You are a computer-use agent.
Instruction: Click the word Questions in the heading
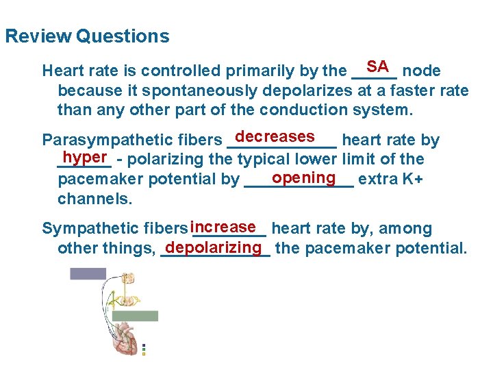pyautogui.click(x=123, y=36)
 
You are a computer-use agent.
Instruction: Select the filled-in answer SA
pyautogui.click(x=377, y=66)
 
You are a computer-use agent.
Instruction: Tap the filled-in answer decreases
pyautogui.click(x=279, y=136)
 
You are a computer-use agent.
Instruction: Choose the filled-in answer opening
pyautogui.click(x=303, y=177)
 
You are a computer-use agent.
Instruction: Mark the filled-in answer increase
pyautogui.click(x=224, y=226)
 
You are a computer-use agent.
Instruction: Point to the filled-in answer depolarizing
pyautogui.click(x=214, y=246)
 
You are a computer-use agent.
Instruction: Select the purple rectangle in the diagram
pyautogui.click(x=88, y=273)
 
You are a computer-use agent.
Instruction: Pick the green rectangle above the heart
pyautogui.click(x=134, y=316)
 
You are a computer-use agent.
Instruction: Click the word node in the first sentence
pyautogui.click(x=421, y=71)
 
